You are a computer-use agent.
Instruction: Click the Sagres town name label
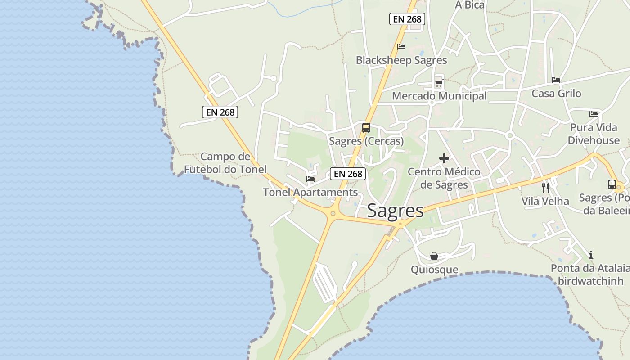click(395, 211)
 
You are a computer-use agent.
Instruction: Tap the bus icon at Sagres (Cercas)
click(366, 127)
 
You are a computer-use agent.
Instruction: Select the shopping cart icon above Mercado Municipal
click(439, 83)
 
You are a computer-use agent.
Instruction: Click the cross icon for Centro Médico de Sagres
click(444, 158)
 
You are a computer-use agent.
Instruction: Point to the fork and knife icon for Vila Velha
click(545, 188)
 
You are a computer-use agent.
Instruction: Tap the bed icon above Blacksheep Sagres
click(401, 47)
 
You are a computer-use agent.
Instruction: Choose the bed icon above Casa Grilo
click(556, 80)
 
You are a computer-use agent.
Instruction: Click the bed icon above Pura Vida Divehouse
click(594, 114)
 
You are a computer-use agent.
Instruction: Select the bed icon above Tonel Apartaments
click(310, 179)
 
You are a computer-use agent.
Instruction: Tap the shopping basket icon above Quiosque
click(434, 256)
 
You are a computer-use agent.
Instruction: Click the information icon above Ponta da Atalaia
click(591, 255)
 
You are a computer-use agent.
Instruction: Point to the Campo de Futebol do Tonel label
click(225, 163)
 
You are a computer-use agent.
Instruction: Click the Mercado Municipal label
click(439, 96)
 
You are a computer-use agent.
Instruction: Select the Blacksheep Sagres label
click(401, 60)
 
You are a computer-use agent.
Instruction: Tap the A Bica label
click(470, 5)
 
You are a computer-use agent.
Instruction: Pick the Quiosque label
click(434, 270)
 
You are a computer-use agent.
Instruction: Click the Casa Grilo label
click(556, 94)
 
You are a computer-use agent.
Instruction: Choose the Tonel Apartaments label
click(310, 192)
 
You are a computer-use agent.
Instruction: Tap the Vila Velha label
click(545, 201)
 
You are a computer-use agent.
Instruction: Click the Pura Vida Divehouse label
click(594, 134)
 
